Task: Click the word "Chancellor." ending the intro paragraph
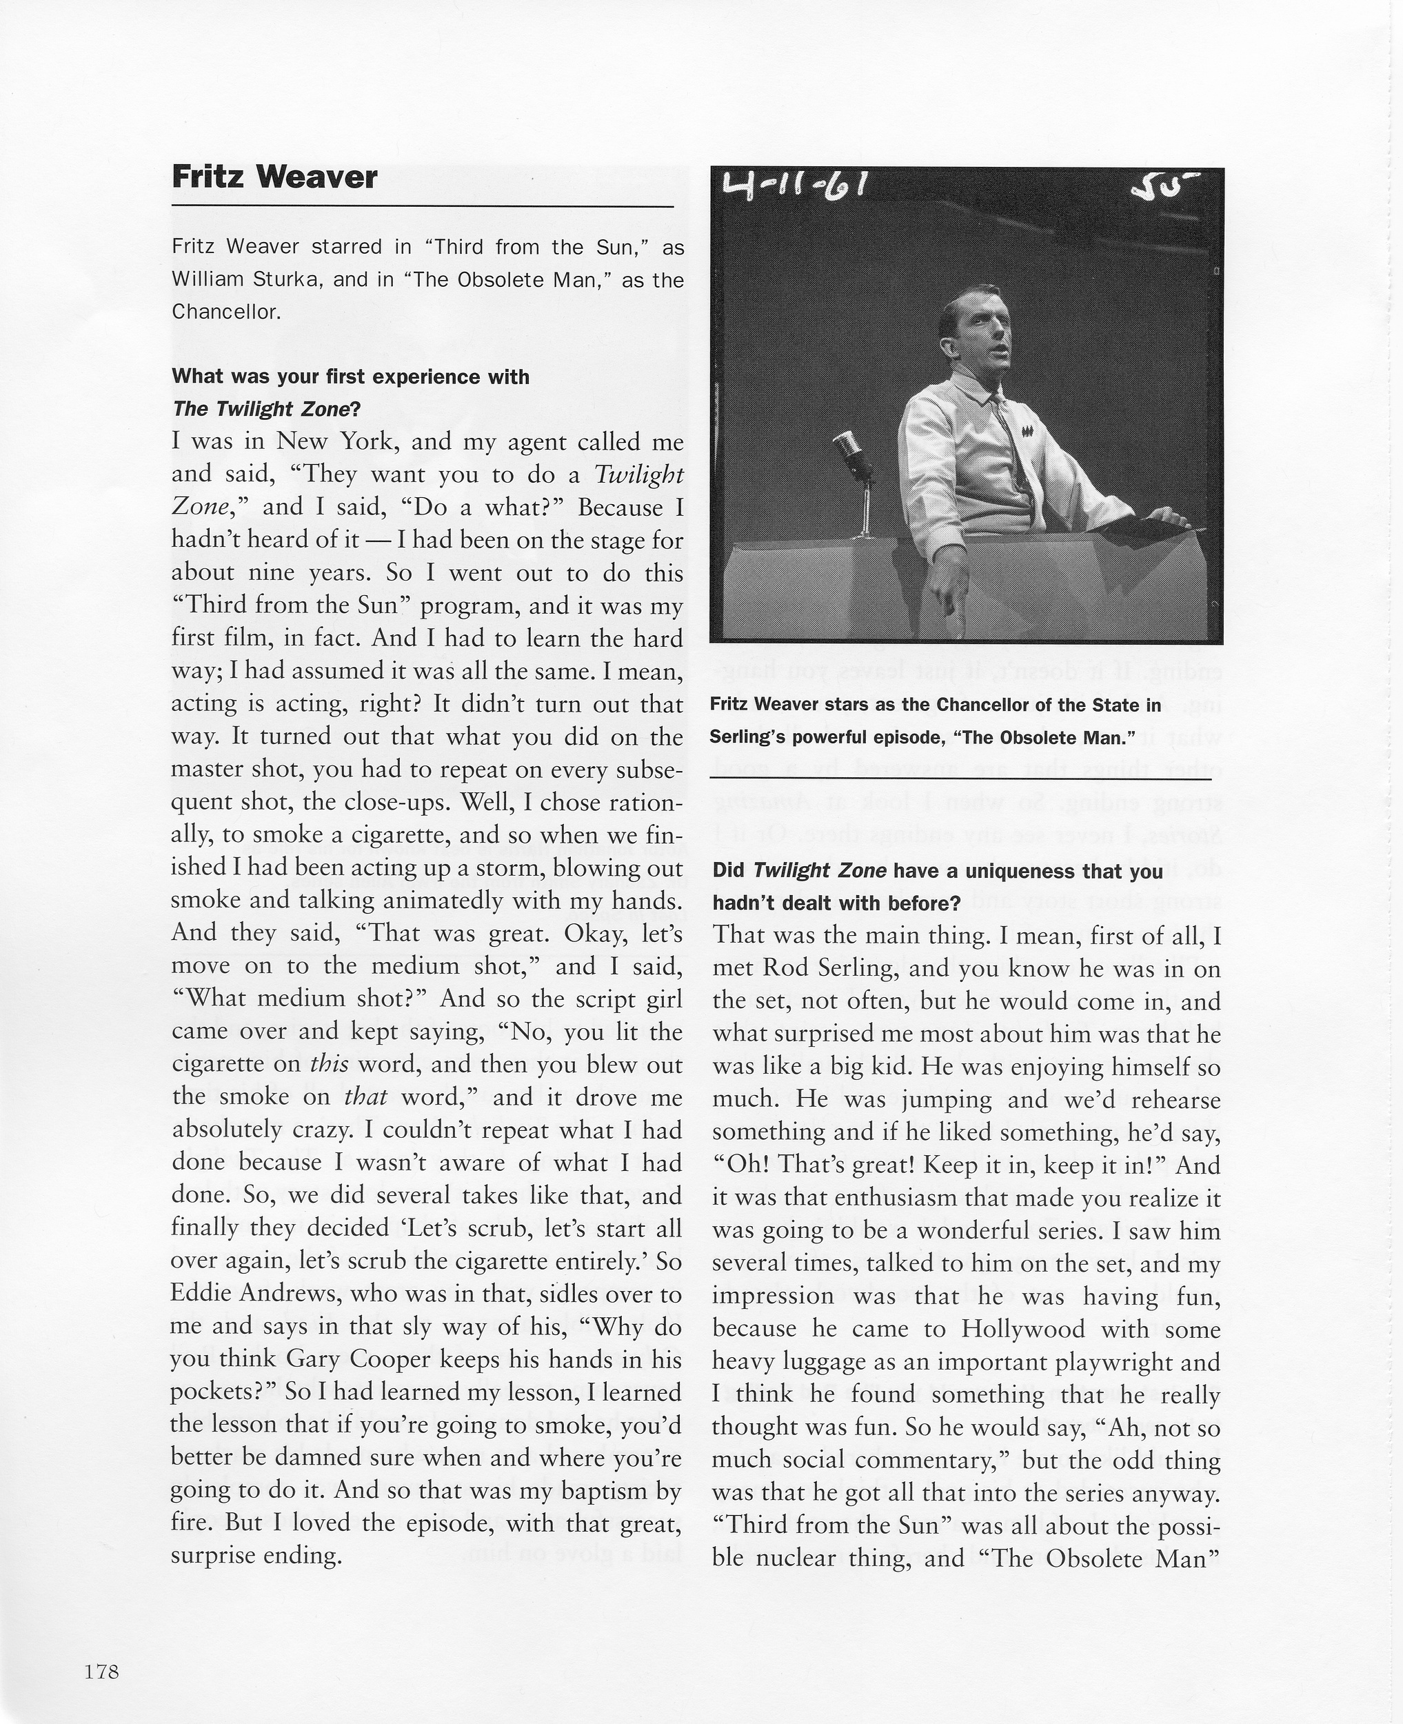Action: (x=226, y=313)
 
